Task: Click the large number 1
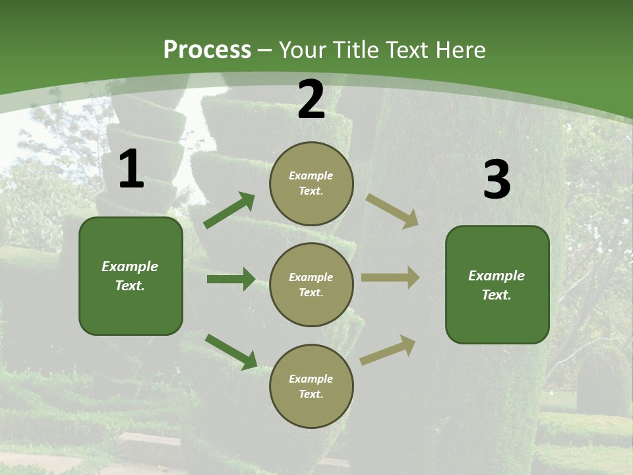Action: [131, 170]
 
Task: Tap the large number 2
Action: [311, 100]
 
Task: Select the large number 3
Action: [497, 180]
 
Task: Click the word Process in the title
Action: [207, 49]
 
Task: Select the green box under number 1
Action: [131, 276]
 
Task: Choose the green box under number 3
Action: [497, 284]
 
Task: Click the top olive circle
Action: [311, 183]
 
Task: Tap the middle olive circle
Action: [311, 284]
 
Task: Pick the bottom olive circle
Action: [311, 386]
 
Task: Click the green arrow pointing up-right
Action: [229, 210]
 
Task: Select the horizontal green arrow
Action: [231, 279]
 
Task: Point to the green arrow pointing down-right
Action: [231, 352]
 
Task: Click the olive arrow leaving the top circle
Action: [392, 211]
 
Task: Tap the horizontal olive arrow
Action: [390, 278]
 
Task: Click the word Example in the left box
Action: [130, 267]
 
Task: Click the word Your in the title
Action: [301, 49]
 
